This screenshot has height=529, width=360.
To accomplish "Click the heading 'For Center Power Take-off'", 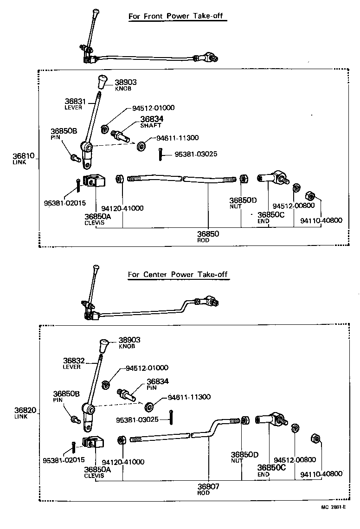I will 179,274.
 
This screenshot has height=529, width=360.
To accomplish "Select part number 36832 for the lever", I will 72,360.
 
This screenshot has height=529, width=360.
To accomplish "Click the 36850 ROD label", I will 208,237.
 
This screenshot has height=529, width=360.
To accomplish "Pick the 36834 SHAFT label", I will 152,122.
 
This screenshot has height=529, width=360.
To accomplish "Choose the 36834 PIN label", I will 158,383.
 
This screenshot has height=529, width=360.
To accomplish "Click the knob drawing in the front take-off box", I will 102,82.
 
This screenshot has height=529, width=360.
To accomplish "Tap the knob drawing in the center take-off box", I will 105,346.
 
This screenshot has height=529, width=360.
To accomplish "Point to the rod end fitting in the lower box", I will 273,421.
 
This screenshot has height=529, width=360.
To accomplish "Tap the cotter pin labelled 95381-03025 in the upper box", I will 160,155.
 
